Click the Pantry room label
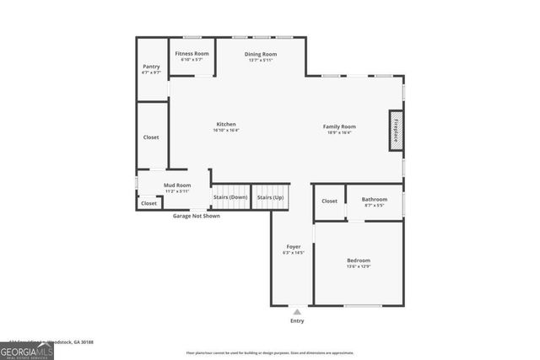[x=151, y=67]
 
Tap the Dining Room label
[x=261, y=54]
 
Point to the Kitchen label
[x=225, y=124]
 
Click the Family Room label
[x=339, y=126]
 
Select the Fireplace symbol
[x=396, y=131]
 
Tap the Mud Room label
[x=177, y=185]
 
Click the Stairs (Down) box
[x=230, y=197]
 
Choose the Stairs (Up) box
[x=270, y=197]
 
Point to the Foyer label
[x=293, y=246]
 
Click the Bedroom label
[x=359, y=261]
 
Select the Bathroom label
[x=374, y=201]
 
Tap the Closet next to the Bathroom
[x=329, y=201]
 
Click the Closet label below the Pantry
[x=151, y=137]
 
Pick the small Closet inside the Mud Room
[x=148, y=203]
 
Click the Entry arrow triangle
[x=296, y=312]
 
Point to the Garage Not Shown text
[x=197, y=216]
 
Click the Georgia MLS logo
[x=26, y=351]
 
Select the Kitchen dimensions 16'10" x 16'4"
[x=225, y=131]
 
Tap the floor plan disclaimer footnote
[x=270, y=352]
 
